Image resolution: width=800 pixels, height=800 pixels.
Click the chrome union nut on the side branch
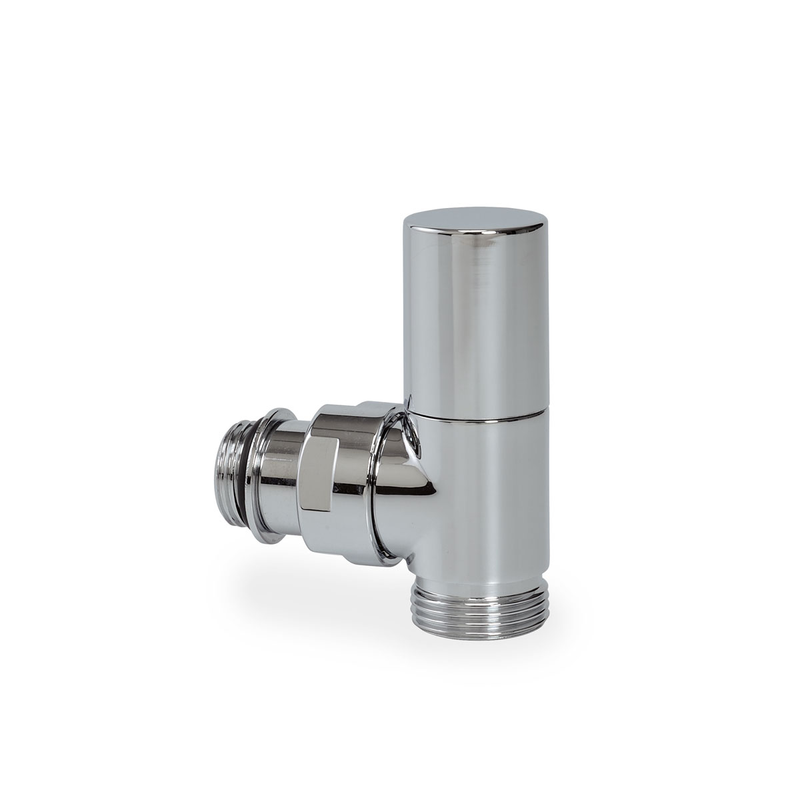coord(333,460)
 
